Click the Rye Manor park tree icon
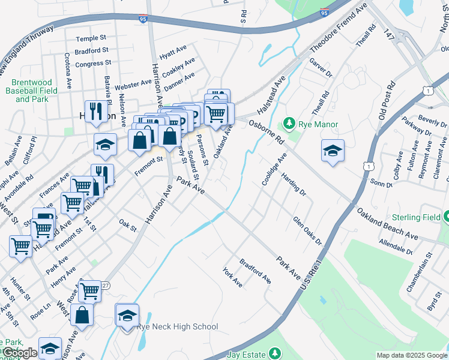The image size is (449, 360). tap(290, 123)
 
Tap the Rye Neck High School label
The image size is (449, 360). tap(177, 327)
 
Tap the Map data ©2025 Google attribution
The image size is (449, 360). tap(411, 355)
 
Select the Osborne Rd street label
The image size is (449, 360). tap(267, 131)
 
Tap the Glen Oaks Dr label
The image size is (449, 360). tap(307, 231)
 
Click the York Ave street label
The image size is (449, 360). tap(232, 277)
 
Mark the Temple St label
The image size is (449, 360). tap(91, 38)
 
